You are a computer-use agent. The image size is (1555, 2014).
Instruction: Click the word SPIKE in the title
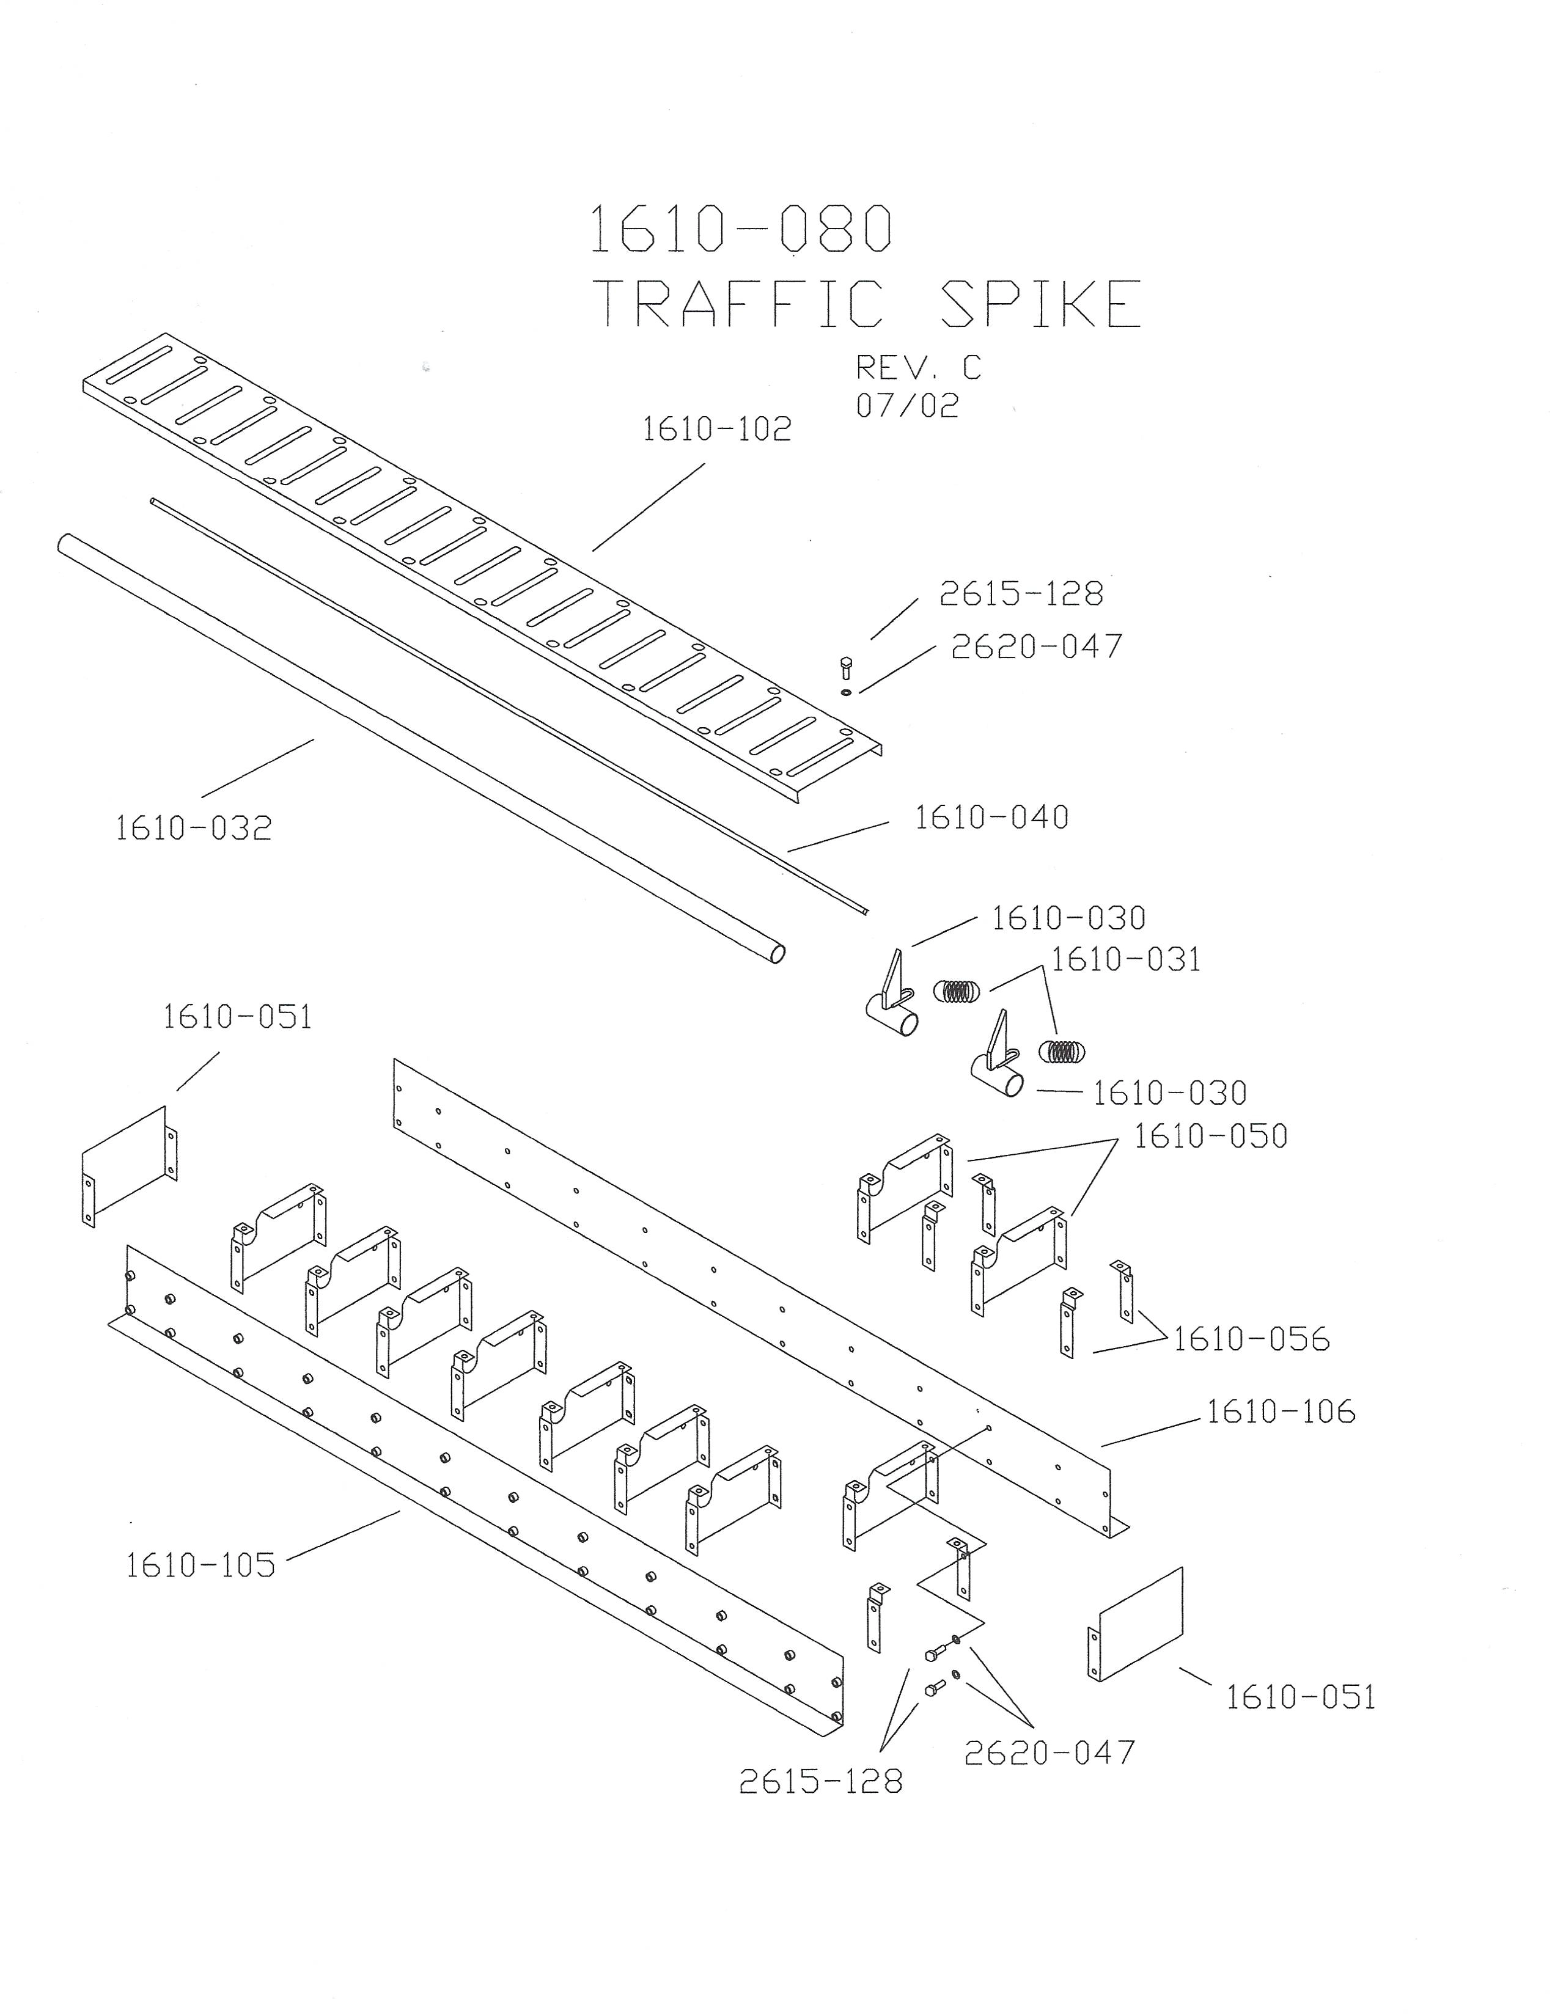pyautogui.click(x=1042, y=304)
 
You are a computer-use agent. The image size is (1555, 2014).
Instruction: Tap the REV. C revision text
pyautogui.click(x=917, y=367)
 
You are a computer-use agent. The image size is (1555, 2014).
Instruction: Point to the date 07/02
pyautogui.click(x=908, y=406)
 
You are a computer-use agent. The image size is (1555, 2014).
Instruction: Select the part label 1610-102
pyautogui.click(x=716, y=429)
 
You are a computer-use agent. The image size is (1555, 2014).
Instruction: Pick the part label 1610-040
pyautogui.click(x=991, y=817)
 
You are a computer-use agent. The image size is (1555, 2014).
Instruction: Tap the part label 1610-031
pyautogui.click(x=1126, y=960)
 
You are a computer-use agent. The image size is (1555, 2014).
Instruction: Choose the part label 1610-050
pyautogui.click(x=1210, y=1136)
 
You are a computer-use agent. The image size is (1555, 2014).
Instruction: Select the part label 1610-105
pyautogui.click(x=200, y=1564)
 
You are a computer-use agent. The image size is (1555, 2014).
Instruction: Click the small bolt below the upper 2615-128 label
pyautogui.click(x=846, y=666)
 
